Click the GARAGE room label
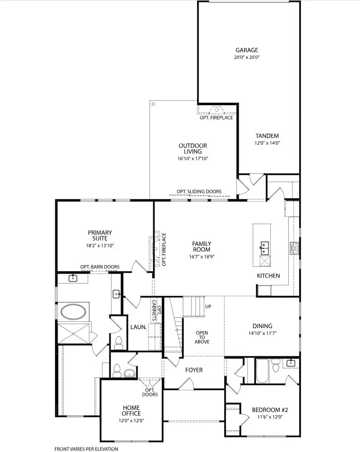tap(247, 50)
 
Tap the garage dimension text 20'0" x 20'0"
tap(247, 57)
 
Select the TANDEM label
tap(267, 136)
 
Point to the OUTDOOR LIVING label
tap(193, 149)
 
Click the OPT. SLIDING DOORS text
tap(199, 191)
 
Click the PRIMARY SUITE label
tap(100, 235)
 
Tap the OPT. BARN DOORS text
tap(100, 267)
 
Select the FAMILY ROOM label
tap(202, 246)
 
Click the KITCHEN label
tap(268, 276)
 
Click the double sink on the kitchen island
tap(264, 244)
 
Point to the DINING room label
tap(262, 326)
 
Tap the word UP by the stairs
tap(208, 307)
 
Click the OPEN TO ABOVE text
tap(202, 337)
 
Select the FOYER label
tap(194, 370)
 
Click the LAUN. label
tap(138, 327)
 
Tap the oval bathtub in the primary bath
tap(73, 312)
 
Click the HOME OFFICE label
tap(131, 410)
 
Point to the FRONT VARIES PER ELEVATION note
tap(86, 449)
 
